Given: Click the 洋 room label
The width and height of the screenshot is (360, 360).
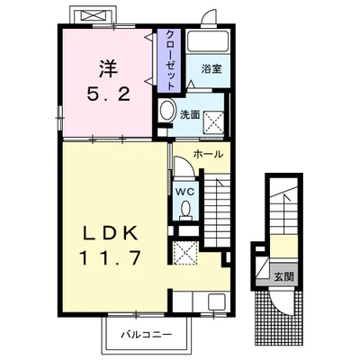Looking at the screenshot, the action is [108, 69].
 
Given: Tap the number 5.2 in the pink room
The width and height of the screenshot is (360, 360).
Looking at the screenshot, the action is [109, 94].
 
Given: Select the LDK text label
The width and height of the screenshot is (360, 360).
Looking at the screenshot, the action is [110, 233].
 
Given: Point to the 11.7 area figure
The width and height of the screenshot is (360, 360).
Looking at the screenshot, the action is [110, 258].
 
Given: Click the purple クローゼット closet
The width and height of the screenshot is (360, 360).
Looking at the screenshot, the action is [169, 60].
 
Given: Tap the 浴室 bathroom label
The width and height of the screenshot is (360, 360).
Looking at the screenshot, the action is [211, 69].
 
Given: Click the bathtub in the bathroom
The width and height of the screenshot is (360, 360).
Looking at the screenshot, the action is [208, 40].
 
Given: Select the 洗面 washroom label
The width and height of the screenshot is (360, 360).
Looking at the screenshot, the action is [190, 114].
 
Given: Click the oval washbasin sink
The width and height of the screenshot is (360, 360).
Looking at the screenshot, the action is [167, 110].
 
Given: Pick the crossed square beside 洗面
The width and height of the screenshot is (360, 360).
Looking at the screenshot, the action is [213, 121].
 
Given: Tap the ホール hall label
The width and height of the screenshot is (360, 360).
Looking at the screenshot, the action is [209, 154].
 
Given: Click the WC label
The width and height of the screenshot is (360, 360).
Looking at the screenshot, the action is [185, 192].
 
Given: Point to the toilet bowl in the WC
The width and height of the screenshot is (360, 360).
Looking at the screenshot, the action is [185, 209].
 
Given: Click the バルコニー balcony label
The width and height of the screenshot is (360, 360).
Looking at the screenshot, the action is [146, 334].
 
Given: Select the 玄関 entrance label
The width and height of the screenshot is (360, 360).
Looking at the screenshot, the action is [283, 277].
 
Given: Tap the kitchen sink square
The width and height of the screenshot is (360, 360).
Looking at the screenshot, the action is [217, 302].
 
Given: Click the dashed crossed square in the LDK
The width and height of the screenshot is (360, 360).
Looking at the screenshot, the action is [186, 253].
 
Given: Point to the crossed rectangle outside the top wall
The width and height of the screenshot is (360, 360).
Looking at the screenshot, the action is [94, 15].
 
